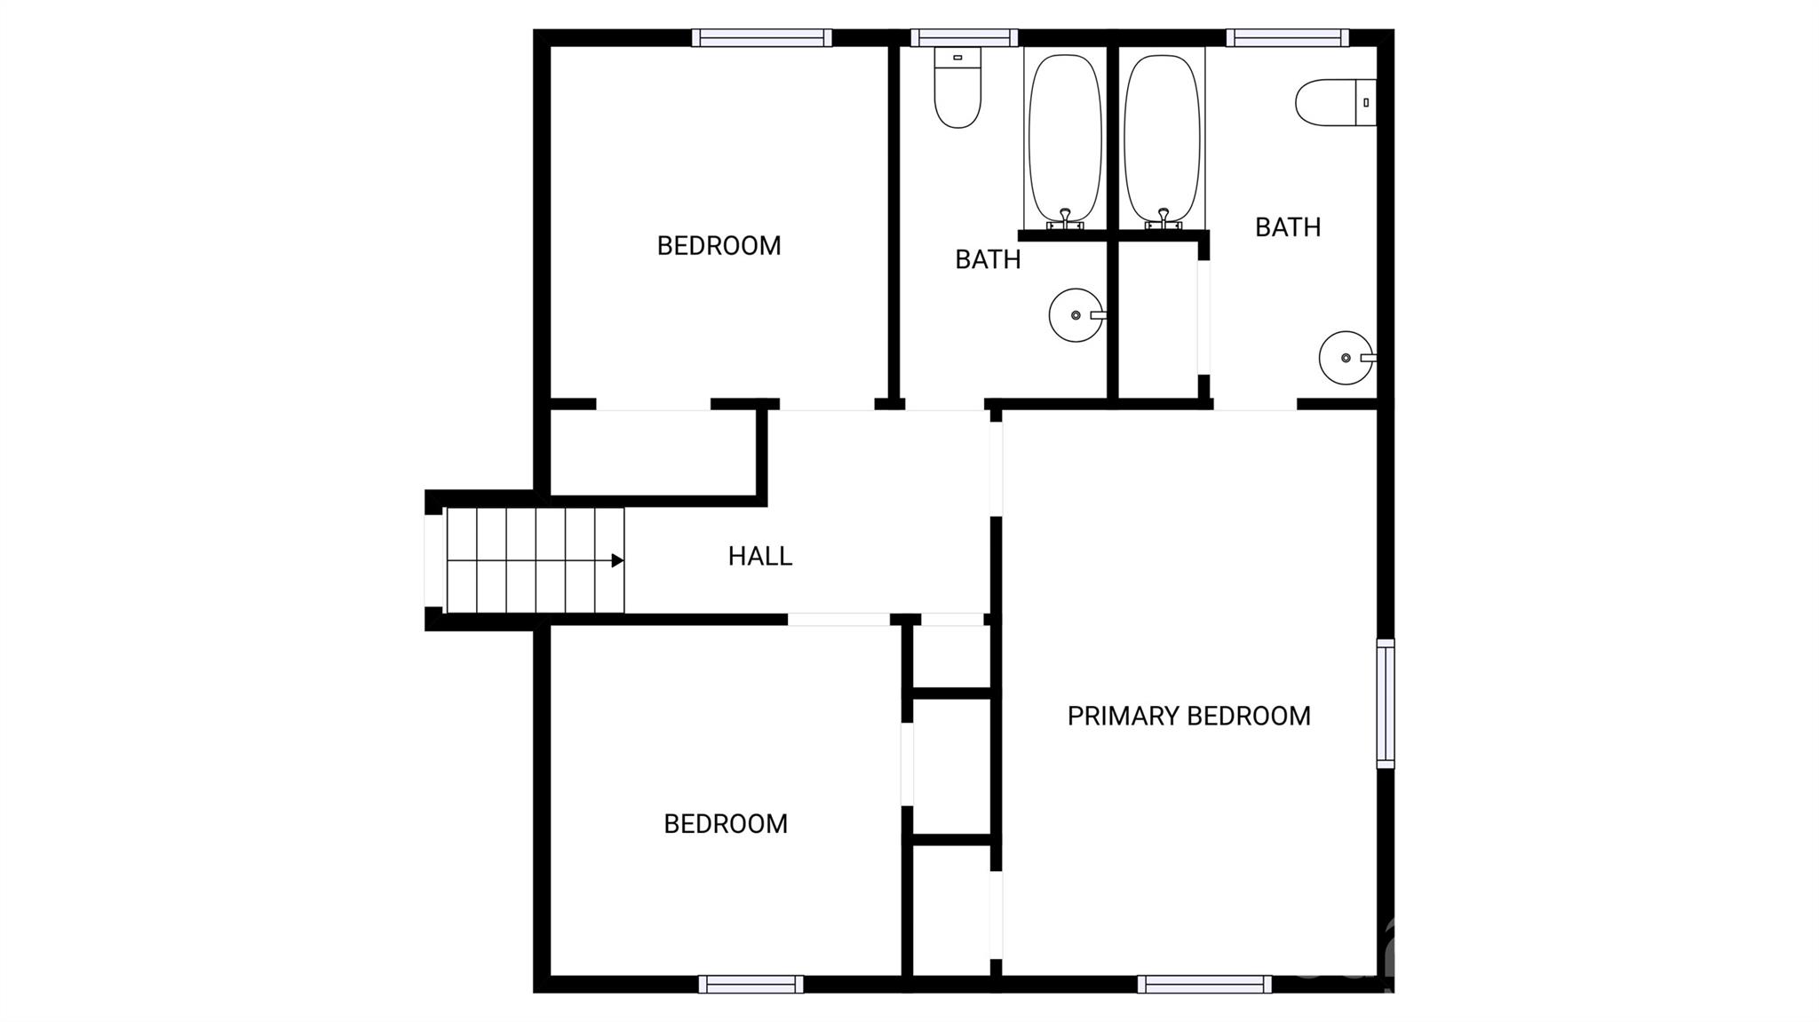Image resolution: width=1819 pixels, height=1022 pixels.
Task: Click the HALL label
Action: [x=759, y=556]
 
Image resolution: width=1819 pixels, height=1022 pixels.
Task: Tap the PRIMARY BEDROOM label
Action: [x=1188, y=716]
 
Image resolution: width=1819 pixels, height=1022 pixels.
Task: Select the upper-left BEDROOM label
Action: [x=719, y=245]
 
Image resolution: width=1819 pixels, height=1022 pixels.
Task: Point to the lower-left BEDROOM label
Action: [x=726, y=823]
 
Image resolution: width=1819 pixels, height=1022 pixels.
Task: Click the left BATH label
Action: [x=988, y=259]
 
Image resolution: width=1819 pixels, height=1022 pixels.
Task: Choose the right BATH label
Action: [x=1288, y=227]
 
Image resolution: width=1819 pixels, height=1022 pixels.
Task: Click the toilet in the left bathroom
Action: [x=957, y=87]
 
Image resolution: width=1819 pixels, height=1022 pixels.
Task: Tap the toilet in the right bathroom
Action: [x=1336, y=102]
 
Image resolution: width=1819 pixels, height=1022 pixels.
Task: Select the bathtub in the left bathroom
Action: [x=1065, y=138]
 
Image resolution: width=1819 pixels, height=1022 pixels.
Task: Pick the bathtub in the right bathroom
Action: [x=1162, y=138]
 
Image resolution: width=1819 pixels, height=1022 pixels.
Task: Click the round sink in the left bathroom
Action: [x=1076, y=315]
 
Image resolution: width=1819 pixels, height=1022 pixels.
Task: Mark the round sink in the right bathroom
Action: [x=1346, y=358]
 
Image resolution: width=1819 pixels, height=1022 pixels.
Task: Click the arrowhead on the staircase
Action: [x=617, y=560]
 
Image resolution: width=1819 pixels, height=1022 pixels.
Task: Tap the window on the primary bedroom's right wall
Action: [x=1386, y=703]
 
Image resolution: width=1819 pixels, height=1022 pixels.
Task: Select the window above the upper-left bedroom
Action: [x=762, y=37]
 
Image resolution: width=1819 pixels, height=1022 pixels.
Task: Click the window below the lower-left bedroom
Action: [x=751, y=984]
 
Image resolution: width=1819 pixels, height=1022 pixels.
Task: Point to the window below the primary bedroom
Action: [x=1205, y=984]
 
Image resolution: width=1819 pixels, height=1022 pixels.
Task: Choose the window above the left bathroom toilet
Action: [x=964, y=37]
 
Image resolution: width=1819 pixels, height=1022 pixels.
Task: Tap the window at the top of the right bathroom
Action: [x=1288, y=37]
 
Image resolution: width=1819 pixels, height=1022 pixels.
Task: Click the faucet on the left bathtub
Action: [x=1066, y=218]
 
